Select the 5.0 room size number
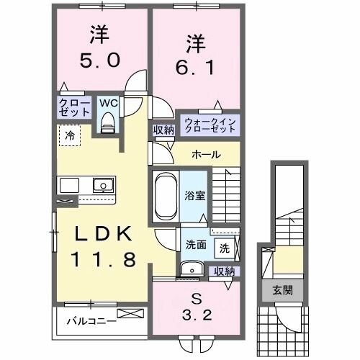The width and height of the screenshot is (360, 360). click(x=99, y=61)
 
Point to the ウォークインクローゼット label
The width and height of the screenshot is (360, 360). click(x=209, y=125)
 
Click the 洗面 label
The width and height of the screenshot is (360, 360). click(x=196, y=244)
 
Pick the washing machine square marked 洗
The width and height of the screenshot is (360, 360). click(x=225, y=248)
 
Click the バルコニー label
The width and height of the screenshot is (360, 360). click(x=88, y=320)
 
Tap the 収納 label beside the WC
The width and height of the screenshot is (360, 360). click(x=162, y=130)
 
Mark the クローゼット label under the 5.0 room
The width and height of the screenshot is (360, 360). click(x=75, y=108)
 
